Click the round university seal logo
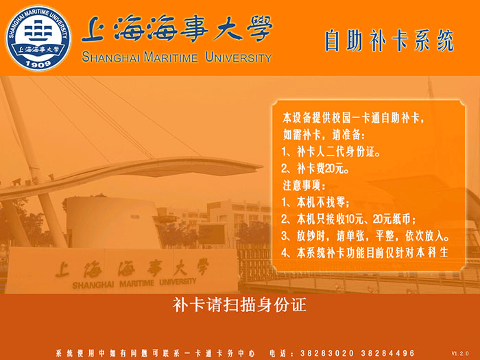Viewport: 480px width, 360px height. pos(38,37)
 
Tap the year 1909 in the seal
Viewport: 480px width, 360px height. pos(38,63)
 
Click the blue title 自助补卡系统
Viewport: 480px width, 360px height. pos(389,40)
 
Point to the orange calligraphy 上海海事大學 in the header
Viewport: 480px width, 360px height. pos(176,31)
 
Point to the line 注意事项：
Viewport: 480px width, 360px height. pos(305,185)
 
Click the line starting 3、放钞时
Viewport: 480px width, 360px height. pos(365,235)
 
